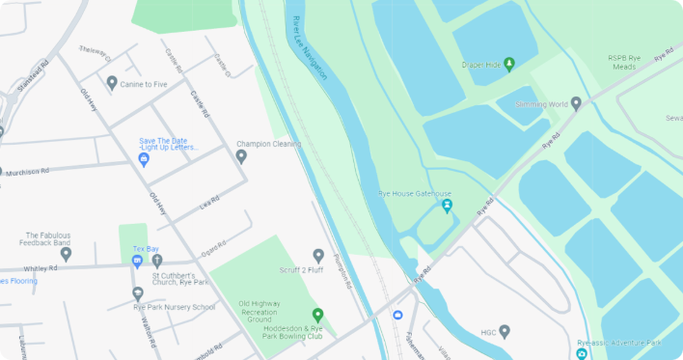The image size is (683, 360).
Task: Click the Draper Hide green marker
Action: [x=509, y=65]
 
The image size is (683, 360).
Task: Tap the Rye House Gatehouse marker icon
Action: [x=447, y=206]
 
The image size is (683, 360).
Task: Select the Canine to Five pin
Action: [x=112, y=83]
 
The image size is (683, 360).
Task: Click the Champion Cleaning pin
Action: [x=241, y=156]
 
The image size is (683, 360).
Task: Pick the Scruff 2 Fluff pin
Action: [x=318, y=256]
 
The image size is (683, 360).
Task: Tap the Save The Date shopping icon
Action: [x=144, y=159]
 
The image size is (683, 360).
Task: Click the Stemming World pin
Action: [x=576, y=103]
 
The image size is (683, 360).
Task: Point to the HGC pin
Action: [x=504, y=332]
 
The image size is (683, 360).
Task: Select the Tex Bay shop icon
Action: [x=139, y=261]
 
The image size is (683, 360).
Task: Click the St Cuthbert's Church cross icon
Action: [x=157, y=261]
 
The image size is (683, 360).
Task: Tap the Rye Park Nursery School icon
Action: [x=138, y=293]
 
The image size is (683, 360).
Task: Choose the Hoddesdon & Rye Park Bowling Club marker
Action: [x=317, y=315]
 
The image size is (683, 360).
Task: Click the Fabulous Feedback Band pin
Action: [x=66, y=255]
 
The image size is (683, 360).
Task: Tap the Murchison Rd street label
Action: [x=25, y=171]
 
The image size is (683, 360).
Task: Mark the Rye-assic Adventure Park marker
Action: [x=582, y=354]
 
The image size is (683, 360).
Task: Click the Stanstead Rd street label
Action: [x=32, y=75]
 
